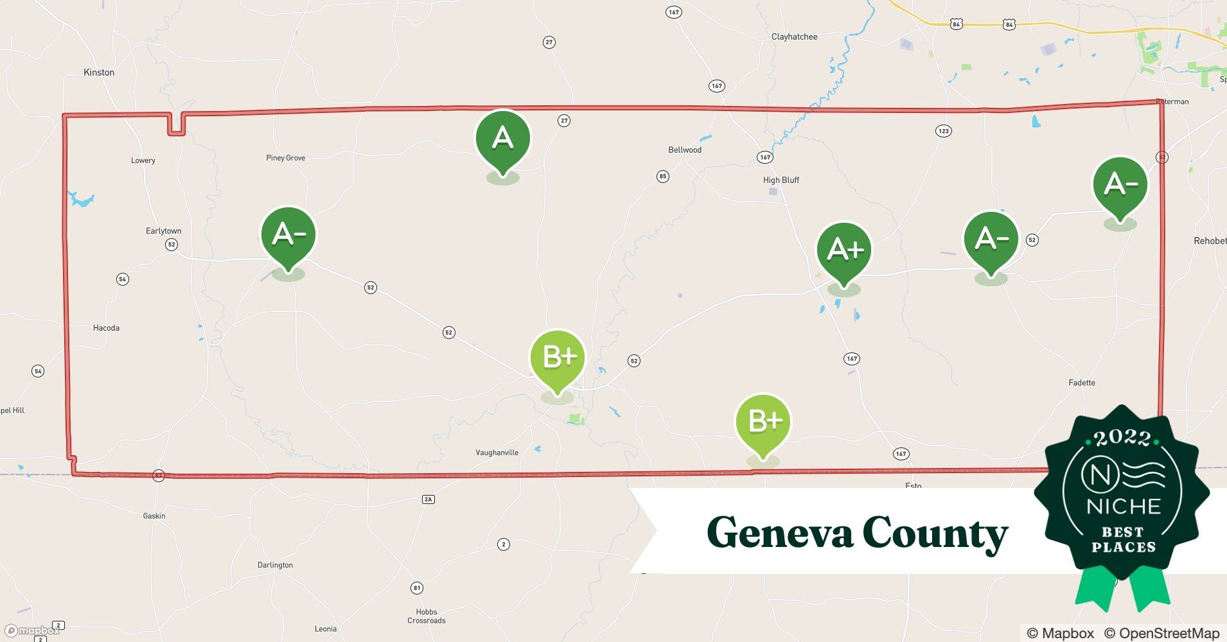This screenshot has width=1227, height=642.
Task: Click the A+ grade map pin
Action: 843,250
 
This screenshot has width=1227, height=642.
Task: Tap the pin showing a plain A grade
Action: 502,139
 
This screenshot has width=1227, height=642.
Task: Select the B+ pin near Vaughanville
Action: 557,358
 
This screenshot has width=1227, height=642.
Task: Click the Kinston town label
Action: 99,73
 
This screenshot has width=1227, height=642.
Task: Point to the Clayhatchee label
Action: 794,37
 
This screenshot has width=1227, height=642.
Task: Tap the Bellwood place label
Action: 685,150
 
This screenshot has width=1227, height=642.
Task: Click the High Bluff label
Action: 781,180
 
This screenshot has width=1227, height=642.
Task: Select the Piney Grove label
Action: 285,158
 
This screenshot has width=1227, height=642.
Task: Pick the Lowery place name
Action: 143,160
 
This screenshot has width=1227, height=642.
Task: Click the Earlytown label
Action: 163,231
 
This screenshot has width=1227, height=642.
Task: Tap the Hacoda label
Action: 106,328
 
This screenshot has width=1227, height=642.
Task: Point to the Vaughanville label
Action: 497,453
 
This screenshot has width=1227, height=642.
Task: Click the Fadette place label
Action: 1082,383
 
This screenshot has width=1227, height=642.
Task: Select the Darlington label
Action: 275,565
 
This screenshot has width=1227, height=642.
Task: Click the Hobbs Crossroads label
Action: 426,616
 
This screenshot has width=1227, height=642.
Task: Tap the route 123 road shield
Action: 943,131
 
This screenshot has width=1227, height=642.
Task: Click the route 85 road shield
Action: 663,177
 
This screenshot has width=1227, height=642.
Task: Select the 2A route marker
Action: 428,499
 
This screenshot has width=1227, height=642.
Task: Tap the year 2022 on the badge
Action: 1122,438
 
